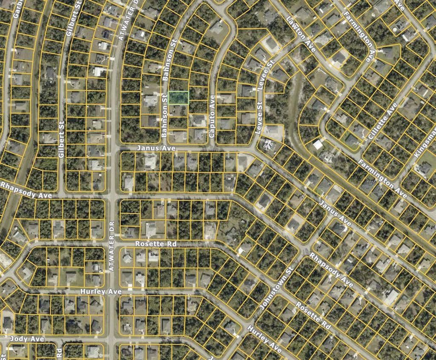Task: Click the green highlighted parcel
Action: [178, 97]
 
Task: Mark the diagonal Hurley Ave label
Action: [264, 339]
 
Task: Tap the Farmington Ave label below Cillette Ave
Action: [382, 179]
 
